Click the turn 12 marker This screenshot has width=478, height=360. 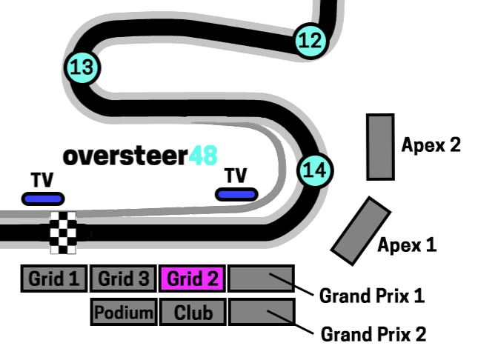pyautogui.click(x=311, y=40)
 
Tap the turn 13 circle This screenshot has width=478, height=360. pyautogui.click(x=82, y=68)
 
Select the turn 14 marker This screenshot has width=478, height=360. pyautogui.click(x=315, y=170)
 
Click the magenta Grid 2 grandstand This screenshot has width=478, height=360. pyautogui.click(x=193, y=279)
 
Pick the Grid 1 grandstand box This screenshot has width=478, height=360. pyautogui.click(x=54, y=279)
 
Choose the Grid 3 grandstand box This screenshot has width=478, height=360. pyautogui.click(x=123, y=279)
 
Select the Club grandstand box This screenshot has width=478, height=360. pyautogui.click(x=193, y=313)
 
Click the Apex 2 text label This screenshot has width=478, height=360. pyautogui.click(x=431, y=144)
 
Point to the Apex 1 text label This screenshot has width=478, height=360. pyautogui.click(x=407, y=244)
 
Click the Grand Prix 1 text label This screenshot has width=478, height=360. pyautogui.click(x=372, y=296)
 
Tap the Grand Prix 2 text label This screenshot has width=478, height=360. pyautogui.click(x=373, y=334)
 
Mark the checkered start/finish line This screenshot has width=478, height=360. pyautogui.click(x=63, y=233)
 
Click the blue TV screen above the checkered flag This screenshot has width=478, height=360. pyautogui.click(x=43, y=199)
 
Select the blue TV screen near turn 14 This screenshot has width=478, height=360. pyautogui.click(x=236, y=194)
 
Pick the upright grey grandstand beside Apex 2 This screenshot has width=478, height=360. pyautogui.click(x=381, y=147)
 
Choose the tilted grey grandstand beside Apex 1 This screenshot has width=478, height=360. pyautogui.click(x=361, y=230)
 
